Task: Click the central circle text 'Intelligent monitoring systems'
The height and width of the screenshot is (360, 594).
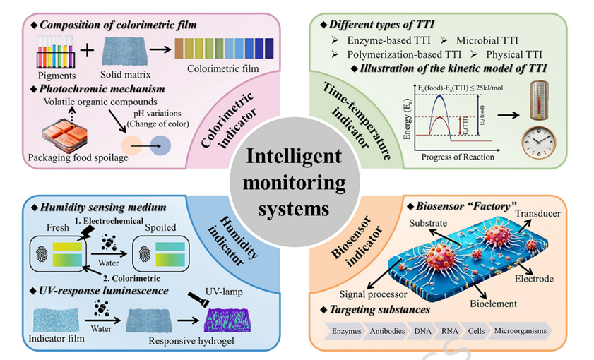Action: click(294, 182)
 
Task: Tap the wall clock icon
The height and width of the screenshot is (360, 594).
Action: click(539, 143)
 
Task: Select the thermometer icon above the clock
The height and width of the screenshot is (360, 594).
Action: click(540, 100)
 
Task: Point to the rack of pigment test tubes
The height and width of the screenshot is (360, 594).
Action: click(56, 52)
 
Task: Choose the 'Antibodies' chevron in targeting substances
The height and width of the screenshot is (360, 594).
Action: click(387, 331)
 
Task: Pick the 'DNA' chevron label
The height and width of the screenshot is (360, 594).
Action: click(422, 331)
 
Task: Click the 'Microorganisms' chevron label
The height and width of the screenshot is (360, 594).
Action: click(520, 331)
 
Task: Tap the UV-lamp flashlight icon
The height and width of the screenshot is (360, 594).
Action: click(199, 301)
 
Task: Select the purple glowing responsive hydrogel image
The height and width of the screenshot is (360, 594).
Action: click(227, 320)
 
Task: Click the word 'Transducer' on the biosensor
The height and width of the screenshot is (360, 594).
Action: click(537, 213)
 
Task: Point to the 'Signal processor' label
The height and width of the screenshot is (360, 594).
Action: click(373, 294)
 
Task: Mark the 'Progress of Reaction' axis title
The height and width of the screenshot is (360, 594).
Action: click(458, 157)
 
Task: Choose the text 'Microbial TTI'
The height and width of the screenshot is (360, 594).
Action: click(487, 40)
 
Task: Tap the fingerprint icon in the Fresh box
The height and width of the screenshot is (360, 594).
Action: click(42, 254)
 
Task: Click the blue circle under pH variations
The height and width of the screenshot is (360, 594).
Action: click(160, 145)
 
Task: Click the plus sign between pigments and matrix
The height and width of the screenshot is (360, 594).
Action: click(87, 49)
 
